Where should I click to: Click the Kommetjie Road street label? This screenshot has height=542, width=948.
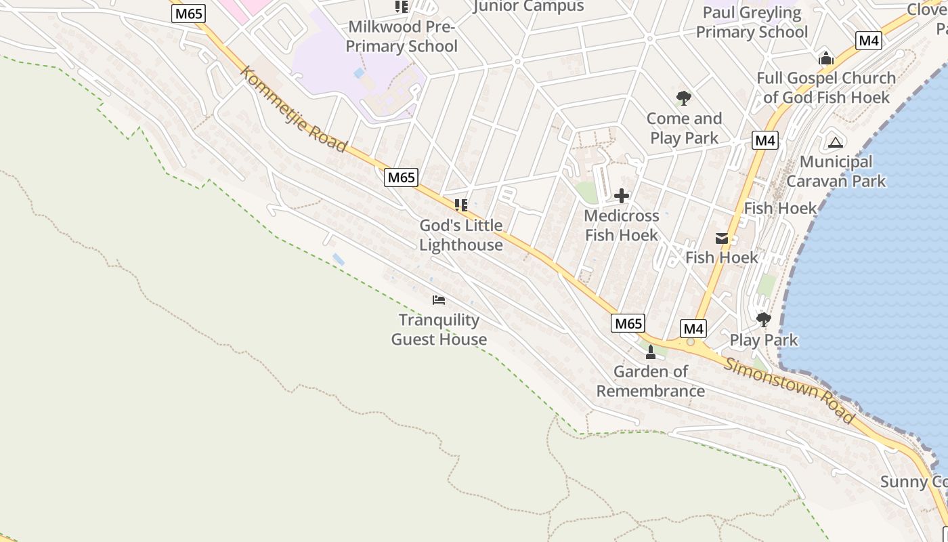[294, 109]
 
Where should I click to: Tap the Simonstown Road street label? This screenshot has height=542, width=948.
[790, 390]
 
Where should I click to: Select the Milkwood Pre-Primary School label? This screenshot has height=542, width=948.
[402, 37]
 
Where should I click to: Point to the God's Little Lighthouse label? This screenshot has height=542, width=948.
[461, 235]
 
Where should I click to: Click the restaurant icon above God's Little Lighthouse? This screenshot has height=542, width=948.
[461, 205]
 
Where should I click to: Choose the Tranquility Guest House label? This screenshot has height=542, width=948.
[439, 329]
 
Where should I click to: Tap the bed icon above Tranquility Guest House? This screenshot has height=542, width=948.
[439, 299]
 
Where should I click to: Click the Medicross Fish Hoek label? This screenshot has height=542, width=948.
[621, 226]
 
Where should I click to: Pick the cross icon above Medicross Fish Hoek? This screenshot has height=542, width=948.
[621, 196]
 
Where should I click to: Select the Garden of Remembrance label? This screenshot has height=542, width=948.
[650, 381]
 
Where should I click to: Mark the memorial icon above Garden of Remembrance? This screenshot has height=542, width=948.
[651, 352]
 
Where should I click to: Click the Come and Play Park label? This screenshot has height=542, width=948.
[684, 128]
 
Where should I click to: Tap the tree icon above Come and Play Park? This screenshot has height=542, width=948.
[684, 98]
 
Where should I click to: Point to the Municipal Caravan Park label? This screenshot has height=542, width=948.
[836, 171]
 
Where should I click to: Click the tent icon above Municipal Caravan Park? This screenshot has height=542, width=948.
[836, 142]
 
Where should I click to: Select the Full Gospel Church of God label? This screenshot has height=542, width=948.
[826, 87]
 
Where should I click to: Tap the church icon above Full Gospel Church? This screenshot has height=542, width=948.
[825, 59]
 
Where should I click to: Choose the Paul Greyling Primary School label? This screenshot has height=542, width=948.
[752, 22]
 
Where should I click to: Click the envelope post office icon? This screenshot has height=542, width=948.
[722, 238]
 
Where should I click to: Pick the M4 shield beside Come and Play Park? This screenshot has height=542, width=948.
[764, 141]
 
